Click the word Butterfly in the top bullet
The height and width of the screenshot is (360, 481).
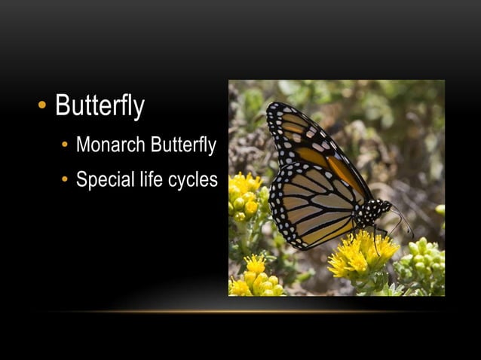[100, 106]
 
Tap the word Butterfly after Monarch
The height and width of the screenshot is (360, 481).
[183, 145]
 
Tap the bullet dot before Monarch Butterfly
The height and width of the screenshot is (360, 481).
[66, 146]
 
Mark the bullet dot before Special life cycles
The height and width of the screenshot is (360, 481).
[66, 182]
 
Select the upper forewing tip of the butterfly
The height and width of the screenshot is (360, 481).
[277, 113]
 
